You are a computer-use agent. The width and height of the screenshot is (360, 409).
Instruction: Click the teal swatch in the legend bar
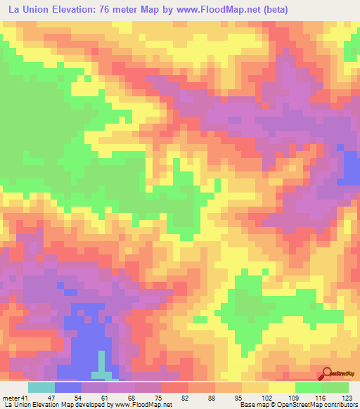coord(41,387)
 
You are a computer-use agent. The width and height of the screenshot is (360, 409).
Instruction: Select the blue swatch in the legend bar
coord(67,387)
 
